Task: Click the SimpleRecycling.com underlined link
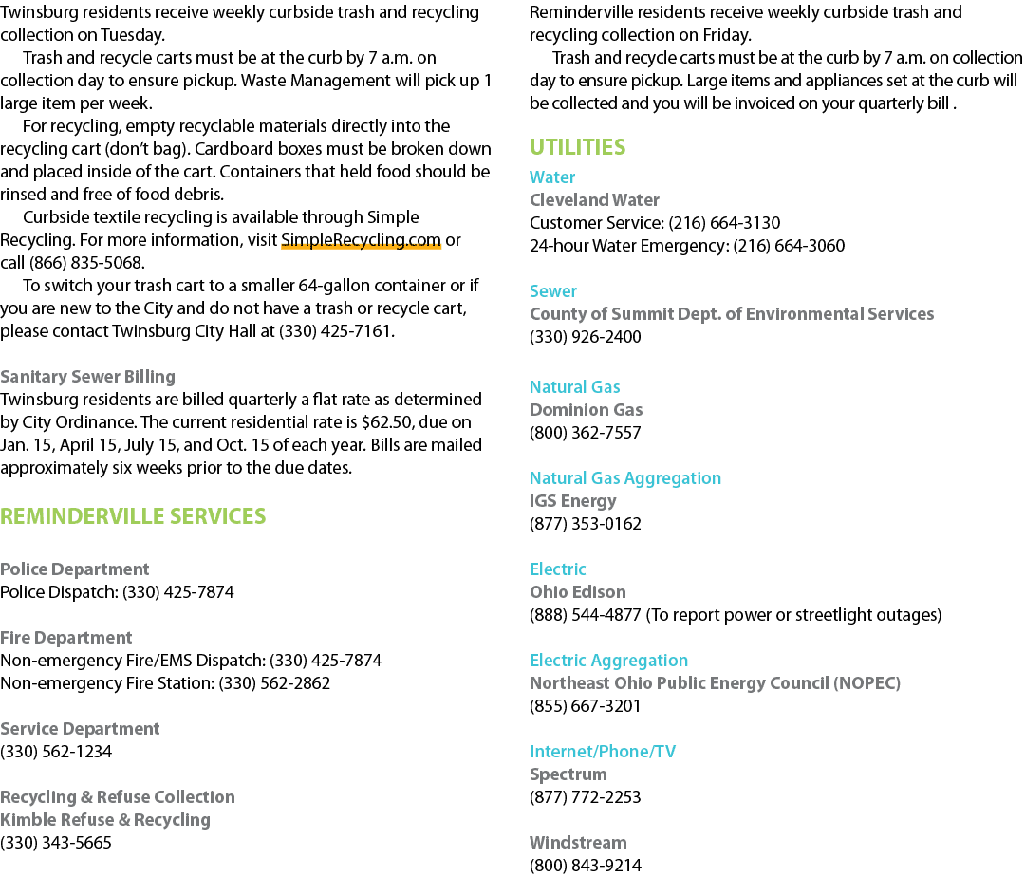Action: tap(361, 240)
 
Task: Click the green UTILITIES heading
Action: tap(577, 147)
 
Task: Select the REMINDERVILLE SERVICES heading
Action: tap(133, 516)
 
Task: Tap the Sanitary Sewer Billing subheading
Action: tap(87, 377)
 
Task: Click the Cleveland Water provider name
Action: tap(594, 200)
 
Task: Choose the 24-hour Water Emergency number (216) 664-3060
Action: tap(789, 246)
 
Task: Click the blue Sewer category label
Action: tap(553, 291)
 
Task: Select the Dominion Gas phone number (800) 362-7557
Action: tap(585, 433)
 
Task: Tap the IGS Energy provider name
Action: tap(572, 501)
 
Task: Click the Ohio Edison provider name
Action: tap(577, 592)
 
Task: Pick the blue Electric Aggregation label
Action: tap(608, 661)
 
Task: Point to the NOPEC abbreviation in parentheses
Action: tap(867, 683)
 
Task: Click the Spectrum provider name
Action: tap(568, 774)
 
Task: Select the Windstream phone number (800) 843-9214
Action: tap(585, 866)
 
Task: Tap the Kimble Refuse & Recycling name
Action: tap(105, 820)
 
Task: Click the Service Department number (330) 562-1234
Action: tap(56, 752)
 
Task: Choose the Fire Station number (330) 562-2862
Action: tap(274, 683)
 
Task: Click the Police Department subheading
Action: tap(75, 569)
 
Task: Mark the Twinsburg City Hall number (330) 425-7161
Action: tap(335, 331)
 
